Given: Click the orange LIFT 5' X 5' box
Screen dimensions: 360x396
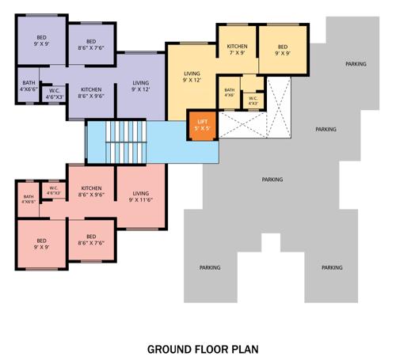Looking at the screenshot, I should click(202, 125).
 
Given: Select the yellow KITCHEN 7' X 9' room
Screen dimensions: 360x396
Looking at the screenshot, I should click(238, 51).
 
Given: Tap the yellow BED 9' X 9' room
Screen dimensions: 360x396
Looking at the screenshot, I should click(283, 51).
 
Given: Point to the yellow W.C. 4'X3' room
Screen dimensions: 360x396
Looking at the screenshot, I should click(253, 100).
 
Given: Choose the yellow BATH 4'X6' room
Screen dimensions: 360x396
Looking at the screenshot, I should click(230, 93).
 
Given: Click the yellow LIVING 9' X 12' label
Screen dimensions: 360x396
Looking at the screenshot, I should click(192, 76).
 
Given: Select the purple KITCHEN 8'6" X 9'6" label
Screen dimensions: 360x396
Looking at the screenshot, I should click(91, 93).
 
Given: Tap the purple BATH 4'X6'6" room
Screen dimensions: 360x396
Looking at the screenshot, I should click(29, 86).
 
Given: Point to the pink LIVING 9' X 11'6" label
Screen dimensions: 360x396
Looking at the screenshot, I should click(141, 197).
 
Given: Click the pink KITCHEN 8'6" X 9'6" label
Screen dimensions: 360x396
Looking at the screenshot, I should click(91, 192).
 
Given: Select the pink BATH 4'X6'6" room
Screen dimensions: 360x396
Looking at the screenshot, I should click(29, 199).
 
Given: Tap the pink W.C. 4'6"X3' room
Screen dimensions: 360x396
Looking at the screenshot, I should click(54, 191).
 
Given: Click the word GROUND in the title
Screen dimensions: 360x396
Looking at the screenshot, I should click(169, 348).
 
